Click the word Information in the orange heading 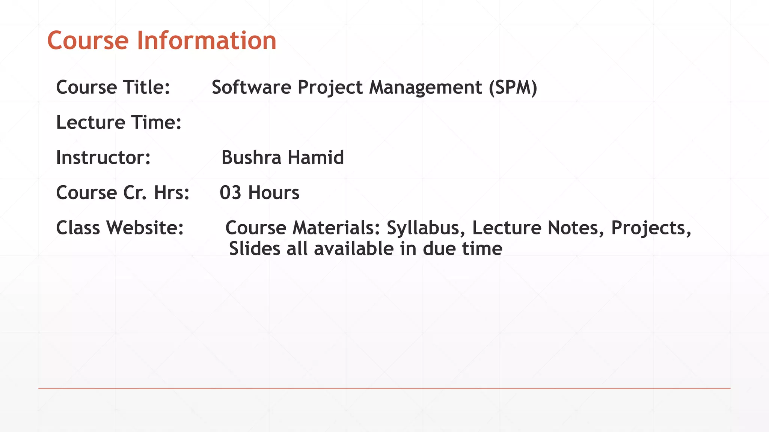(206, 40)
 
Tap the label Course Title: (113, 87)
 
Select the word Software (251, 87)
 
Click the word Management (425, 87)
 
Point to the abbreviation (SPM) (513, 87)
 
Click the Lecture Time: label (119, 122)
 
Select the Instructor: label (103, 157)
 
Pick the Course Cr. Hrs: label (123, 193)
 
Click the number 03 (230, 193)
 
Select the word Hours (274, 193)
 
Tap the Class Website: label (120, 228)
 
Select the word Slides (254, 249)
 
